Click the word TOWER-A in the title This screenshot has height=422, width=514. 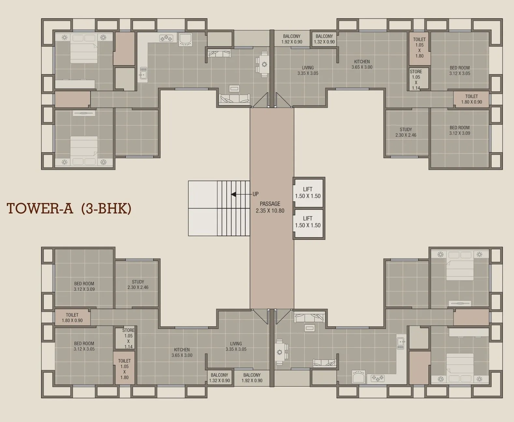[x=40, y=209]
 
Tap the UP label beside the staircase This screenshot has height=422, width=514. [x=255, y=194]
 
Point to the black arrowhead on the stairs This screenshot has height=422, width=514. [x=234, y=194]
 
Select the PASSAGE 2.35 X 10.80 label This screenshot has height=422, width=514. [x=270, y=207]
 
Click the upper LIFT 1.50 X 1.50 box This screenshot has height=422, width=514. [x=308, y=193]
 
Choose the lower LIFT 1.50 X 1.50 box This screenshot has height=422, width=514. [x=308, y=223]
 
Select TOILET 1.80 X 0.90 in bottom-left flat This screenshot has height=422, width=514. [x=72, y=318]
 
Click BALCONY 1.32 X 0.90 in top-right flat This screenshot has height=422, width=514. [x=324, y=39]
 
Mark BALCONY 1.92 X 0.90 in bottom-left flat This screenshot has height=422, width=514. [x=252, y=378]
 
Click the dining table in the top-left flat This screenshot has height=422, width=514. [x=264, y=64]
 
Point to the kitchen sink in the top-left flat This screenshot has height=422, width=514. [x=143, y=73]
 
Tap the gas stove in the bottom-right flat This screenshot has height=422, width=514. [x=378, y=378]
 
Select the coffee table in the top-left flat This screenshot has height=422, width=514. [x=234, y=88]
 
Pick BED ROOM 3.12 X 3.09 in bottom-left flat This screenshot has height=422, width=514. [x=84, y=286]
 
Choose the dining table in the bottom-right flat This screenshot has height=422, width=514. [x=279, y=352]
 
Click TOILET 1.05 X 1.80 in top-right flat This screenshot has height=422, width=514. [x=419, y=48]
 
